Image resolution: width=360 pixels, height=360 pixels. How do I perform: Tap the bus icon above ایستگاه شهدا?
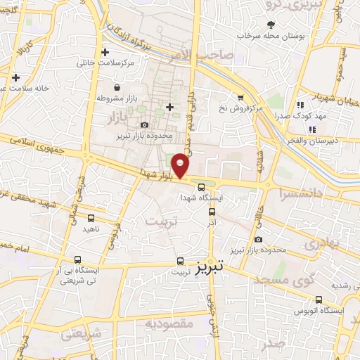pos(202,187)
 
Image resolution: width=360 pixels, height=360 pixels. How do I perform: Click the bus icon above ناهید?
pos(91,217)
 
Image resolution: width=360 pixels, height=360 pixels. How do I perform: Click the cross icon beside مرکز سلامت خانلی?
pos(105,52)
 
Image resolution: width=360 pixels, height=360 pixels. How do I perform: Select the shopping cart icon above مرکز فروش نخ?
pos(240,98)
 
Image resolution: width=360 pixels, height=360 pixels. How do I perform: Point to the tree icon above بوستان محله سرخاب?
pos(270,25)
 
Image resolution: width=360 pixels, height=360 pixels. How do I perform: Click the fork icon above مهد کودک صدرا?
pos(300,105)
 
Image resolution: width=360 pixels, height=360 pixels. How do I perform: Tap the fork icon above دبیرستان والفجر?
pos(313,129)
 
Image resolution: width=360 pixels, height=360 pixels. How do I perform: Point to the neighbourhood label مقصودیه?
pos(169,323)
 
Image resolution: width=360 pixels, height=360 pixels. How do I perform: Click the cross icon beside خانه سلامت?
pos(15,77)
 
